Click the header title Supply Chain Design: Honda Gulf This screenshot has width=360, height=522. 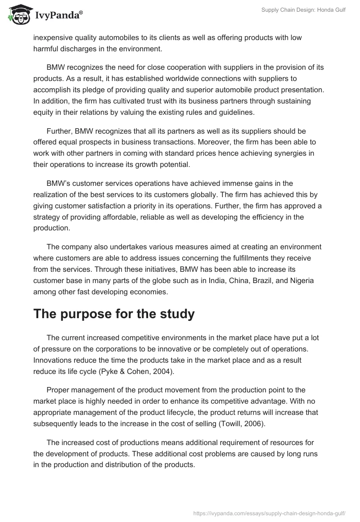coord(303,9)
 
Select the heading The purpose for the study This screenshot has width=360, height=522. coord(114,314)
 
